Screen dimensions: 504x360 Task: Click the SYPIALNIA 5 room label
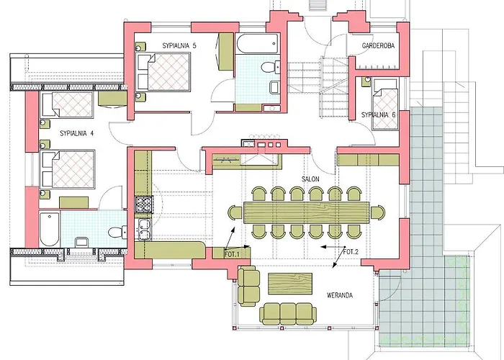179,45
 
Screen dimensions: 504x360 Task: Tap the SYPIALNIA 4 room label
76,133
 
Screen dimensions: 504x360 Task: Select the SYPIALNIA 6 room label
378,114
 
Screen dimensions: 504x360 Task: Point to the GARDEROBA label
378,45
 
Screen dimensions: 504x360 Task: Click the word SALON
310,179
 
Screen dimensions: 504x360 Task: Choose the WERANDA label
340,295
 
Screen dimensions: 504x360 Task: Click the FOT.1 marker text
232,255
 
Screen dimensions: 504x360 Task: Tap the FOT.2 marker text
351,252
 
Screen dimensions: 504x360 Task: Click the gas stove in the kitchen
144,204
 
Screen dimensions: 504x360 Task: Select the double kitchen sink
144,229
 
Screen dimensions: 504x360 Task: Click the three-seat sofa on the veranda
288,313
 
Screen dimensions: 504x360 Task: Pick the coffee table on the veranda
290,284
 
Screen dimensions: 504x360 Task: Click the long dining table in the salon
306,212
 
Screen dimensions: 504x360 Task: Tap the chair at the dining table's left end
235,213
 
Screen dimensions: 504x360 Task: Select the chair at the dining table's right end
378,213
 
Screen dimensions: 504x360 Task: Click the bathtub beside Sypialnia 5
257,43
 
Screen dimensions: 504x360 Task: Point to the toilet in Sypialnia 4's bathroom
117,232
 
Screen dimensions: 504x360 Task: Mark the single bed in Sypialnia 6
385,104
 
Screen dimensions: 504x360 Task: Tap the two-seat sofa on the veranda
249,286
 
